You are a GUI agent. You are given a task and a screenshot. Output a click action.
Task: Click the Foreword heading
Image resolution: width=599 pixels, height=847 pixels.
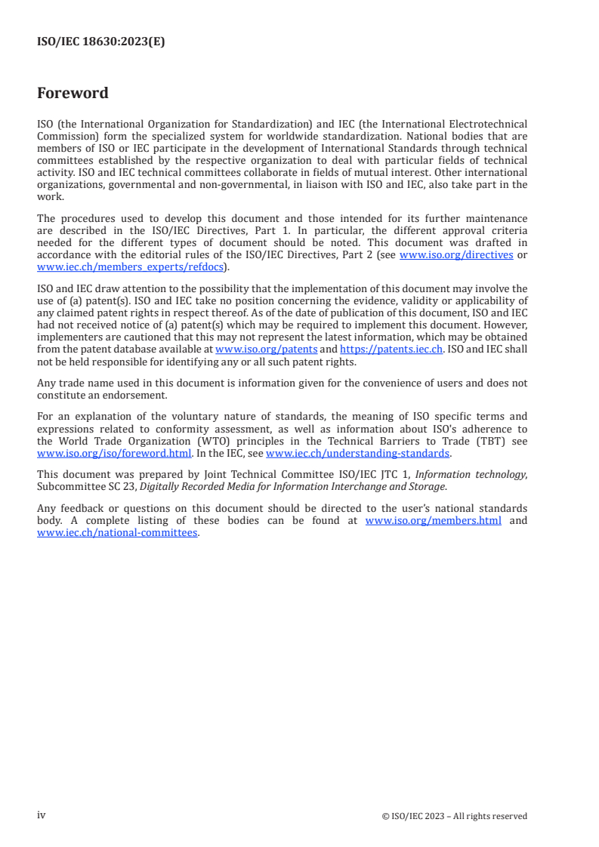(73, 93)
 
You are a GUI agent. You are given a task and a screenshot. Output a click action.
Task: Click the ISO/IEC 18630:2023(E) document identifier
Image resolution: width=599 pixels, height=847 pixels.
(101, 42)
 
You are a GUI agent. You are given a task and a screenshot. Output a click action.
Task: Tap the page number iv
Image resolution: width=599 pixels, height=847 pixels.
(42, 815)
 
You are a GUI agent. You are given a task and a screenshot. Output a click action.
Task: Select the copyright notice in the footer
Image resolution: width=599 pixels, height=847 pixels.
(455, 816)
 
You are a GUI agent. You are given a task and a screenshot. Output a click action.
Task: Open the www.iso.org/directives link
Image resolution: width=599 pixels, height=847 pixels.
(456, 255)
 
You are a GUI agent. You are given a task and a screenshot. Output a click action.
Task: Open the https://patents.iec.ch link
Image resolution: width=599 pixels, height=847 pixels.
(391, 350)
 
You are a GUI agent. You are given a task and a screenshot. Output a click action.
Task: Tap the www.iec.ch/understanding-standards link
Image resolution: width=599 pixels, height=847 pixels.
(358, 453)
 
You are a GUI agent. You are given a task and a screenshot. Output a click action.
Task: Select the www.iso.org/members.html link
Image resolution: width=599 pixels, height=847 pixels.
(433, 521)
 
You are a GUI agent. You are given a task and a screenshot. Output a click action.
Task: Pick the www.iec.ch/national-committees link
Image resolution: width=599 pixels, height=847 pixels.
(117, 532)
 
